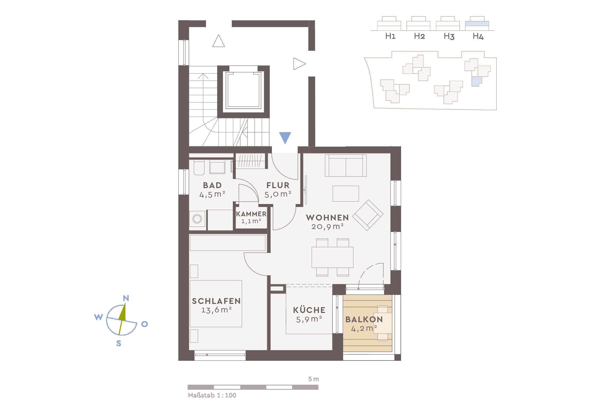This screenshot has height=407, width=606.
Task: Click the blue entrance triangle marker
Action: tap(285, 137)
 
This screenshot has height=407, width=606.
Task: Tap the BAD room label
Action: tap(212, 185)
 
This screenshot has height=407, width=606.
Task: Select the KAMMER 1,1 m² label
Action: tap(251, 217)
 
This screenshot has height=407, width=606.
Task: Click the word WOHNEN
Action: tap(327, 218)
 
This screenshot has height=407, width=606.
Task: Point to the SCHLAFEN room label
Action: tap(216, 301)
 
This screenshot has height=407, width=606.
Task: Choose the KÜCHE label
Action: tap(309, 310)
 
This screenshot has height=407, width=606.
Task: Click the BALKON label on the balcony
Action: tap(364, 319)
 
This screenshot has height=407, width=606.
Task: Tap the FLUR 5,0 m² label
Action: tap(278, 189)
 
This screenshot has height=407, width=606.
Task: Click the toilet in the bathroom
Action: tap(199, 168)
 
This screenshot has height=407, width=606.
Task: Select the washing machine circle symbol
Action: tap(197, 219)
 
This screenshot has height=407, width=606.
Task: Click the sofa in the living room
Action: tap(346, 166)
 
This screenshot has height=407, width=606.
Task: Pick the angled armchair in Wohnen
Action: tap(368, 215)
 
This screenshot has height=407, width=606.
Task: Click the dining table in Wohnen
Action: tap(332, 257)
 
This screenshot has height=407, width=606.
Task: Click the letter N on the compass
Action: tap(126, 298)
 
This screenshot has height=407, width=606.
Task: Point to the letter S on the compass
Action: tap(119, 343)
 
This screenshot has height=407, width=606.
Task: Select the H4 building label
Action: tap(478, 36)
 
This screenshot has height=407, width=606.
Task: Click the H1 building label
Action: tap(390, 36)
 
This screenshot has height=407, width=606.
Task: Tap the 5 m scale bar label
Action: tap(313, 379)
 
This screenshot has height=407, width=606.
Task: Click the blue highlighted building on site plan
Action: tap(476, 81)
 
